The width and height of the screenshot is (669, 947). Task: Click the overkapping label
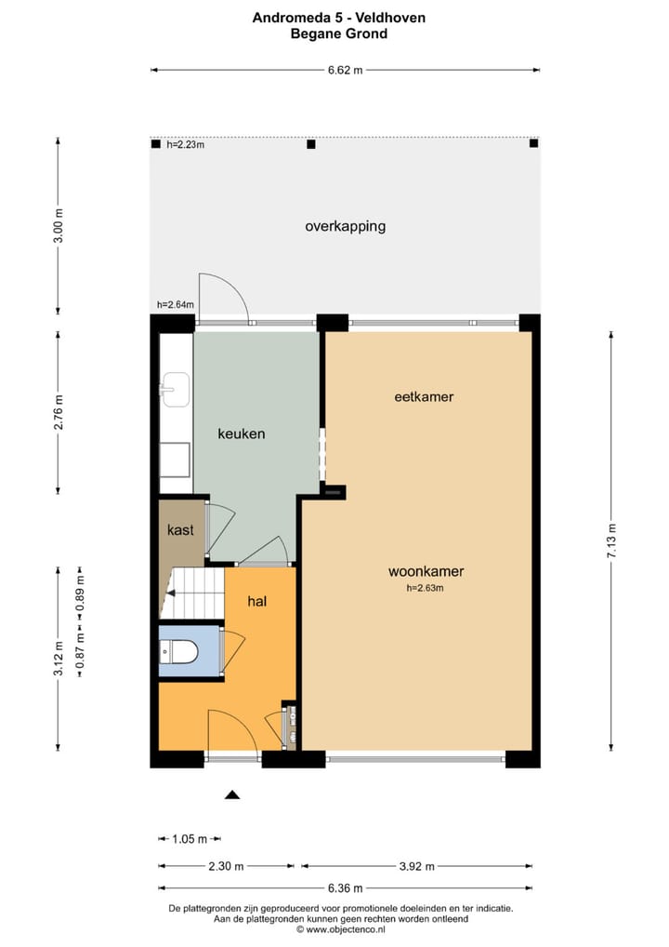345,226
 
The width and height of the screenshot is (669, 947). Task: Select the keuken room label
242,433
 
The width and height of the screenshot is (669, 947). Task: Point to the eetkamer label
423,396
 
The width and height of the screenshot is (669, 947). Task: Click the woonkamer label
426,572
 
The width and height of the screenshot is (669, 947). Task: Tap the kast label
179,530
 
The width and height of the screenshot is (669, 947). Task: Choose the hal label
257,602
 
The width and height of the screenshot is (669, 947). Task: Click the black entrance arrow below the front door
232,794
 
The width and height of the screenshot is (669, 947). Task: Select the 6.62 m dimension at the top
345,70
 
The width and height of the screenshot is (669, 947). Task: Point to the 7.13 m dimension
611,540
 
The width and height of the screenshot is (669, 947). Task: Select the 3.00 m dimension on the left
59,227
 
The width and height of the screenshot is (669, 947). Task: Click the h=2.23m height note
185,144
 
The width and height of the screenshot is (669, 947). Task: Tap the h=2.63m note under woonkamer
426,588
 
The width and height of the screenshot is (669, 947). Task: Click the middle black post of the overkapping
311,144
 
